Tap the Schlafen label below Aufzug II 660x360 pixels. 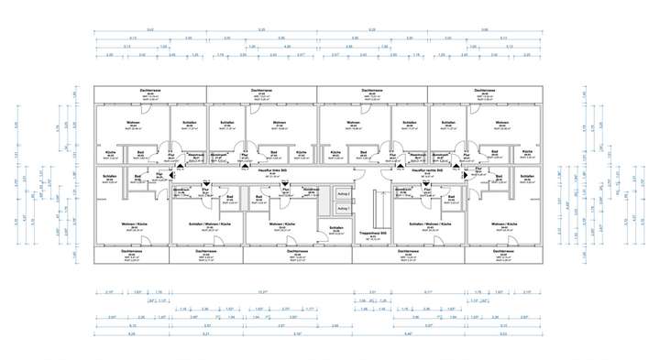pos(336,227)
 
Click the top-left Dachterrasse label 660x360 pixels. pos(149,90)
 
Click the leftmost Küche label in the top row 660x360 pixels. pos(109,152)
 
